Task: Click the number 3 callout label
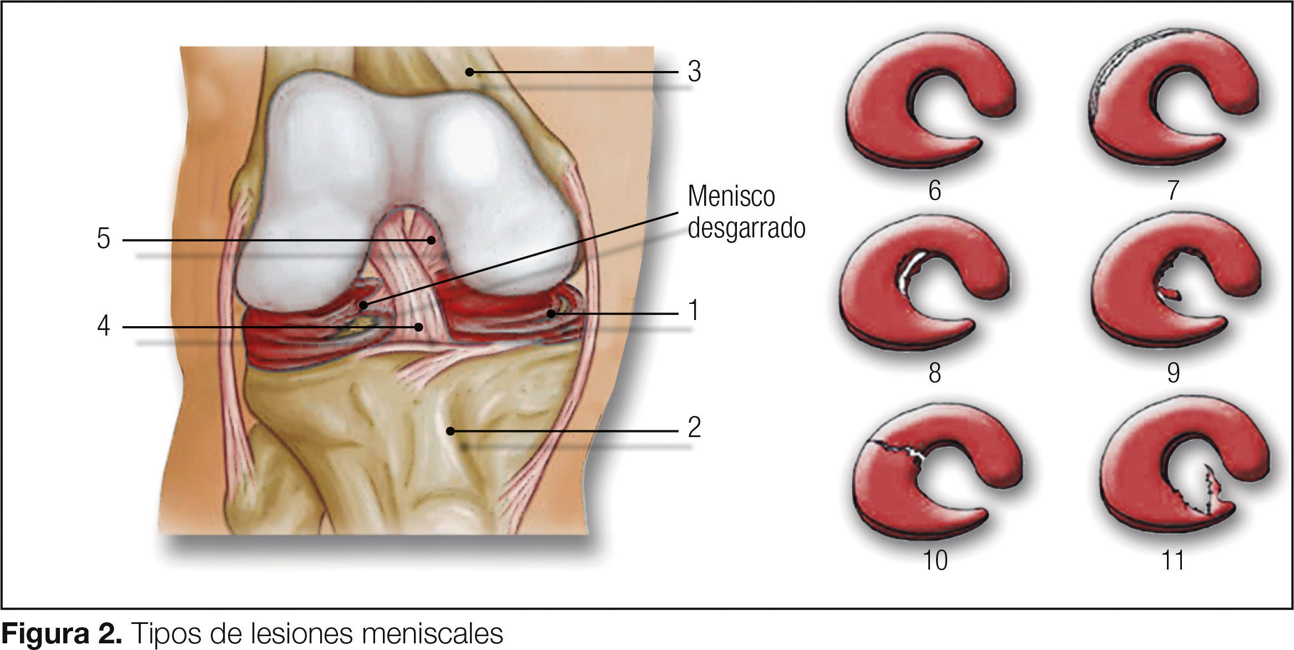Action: tap(694, 72)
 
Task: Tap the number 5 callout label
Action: tap(104, 240)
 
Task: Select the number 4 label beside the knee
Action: tap(104, 326)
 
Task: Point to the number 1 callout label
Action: tap(693, 311)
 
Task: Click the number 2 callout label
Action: tap(694, 428)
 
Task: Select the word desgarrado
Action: tap(746, 228)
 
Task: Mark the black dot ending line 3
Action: tap(469, 72)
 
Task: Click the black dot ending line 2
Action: tap(451, 430)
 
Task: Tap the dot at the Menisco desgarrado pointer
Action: tap(363, 305)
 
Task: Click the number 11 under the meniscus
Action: tap(1173, 561)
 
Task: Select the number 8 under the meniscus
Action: tap(935, 374)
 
